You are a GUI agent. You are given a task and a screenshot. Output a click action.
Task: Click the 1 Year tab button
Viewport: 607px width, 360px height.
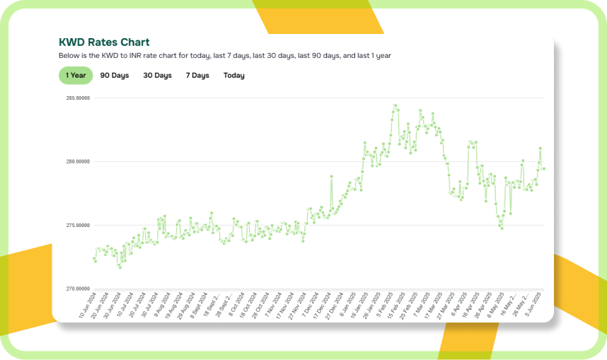click(x=76, y=75)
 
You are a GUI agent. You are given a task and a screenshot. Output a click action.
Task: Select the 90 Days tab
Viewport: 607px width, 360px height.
click(x=115, y=75)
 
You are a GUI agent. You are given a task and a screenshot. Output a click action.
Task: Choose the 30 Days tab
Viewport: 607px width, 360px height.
click(x=157, y=75)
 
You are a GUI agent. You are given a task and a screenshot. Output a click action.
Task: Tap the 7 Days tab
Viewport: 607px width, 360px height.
click(x=197, y=75)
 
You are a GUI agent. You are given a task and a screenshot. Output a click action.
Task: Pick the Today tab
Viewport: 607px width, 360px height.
click(x=234, y=75)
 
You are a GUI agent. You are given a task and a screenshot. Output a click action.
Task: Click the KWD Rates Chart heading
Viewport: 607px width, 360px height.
click(x=104, y=42)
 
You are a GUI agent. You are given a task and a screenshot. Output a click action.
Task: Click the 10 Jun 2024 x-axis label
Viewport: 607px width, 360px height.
click(x=87, y=305)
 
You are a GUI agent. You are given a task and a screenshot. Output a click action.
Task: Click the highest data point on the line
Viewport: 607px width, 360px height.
click(x=394, y=105)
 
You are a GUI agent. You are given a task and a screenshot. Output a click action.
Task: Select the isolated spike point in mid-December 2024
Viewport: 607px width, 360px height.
click(x=331, y=176)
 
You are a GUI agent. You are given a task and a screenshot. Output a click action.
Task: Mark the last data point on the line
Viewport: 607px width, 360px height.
click(x=543, y=168)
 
